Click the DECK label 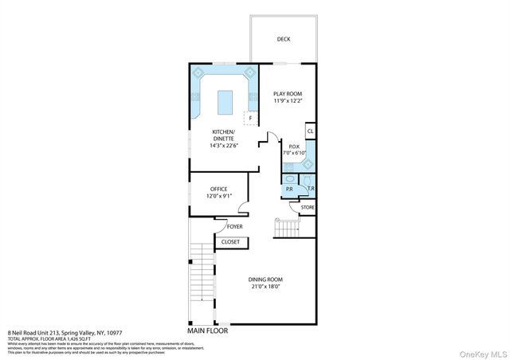[x=283, y=39]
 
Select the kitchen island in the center [x=226, y=100]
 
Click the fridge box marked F [x=251, y=118]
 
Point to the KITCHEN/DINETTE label [x=222, y=135]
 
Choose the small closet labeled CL [x=310, y=131]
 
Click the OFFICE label [x=218, y=189]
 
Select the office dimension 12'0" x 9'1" [x=218, y=196]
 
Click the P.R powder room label [x=289, y=190]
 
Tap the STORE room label [x=308, y=207]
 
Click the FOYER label [x=234, y=226]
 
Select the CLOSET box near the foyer [x=230, y=241]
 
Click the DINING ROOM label [x=265, y=280]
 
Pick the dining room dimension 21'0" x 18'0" [x=265, y=288]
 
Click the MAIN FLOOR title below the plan [x=208, y=331]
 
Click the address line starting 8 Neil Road [x=61, y=334]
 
